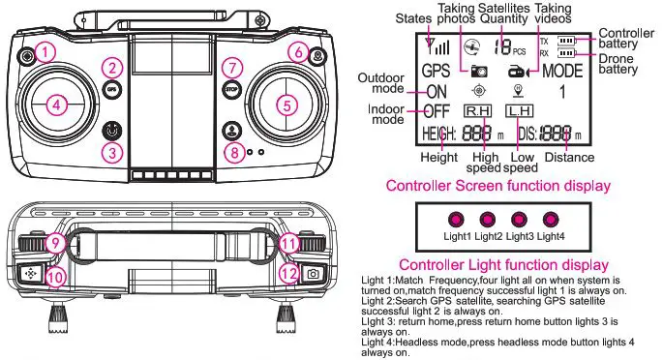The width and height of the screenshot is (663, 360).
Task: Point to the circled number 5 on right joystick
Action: pos(285,103)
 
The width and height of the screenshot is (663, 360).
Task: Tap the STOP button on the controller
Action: pos(229,87)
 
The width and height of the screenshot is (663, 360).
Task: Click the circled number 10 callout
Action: pos(55,277)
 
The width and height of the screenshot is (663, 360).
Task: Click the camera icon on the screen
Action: pos(478,71)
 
